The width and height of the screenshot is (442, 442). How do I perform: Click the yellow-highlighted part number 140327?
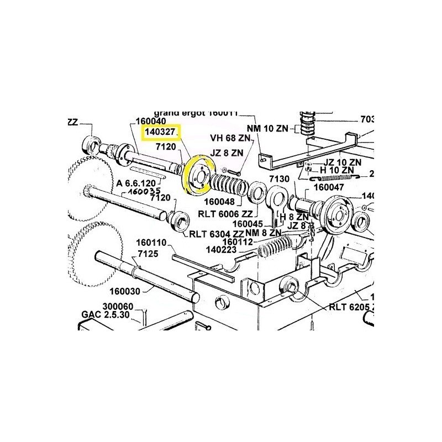pyautogui.click(x=160, y=133)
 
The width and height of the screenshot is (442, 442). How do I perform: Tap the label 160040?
pyautogui.click(x=151, y=121)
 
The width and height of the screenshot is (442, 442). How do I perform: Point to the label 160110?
pyautogui.click(x=151, y=243)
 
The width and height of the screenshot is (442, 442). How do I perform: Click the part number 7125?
pyautogui.click(x=148, y=254)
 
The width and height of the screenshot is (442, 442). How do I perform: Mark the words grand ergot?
pyautogui.click(x=180, y=113)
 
